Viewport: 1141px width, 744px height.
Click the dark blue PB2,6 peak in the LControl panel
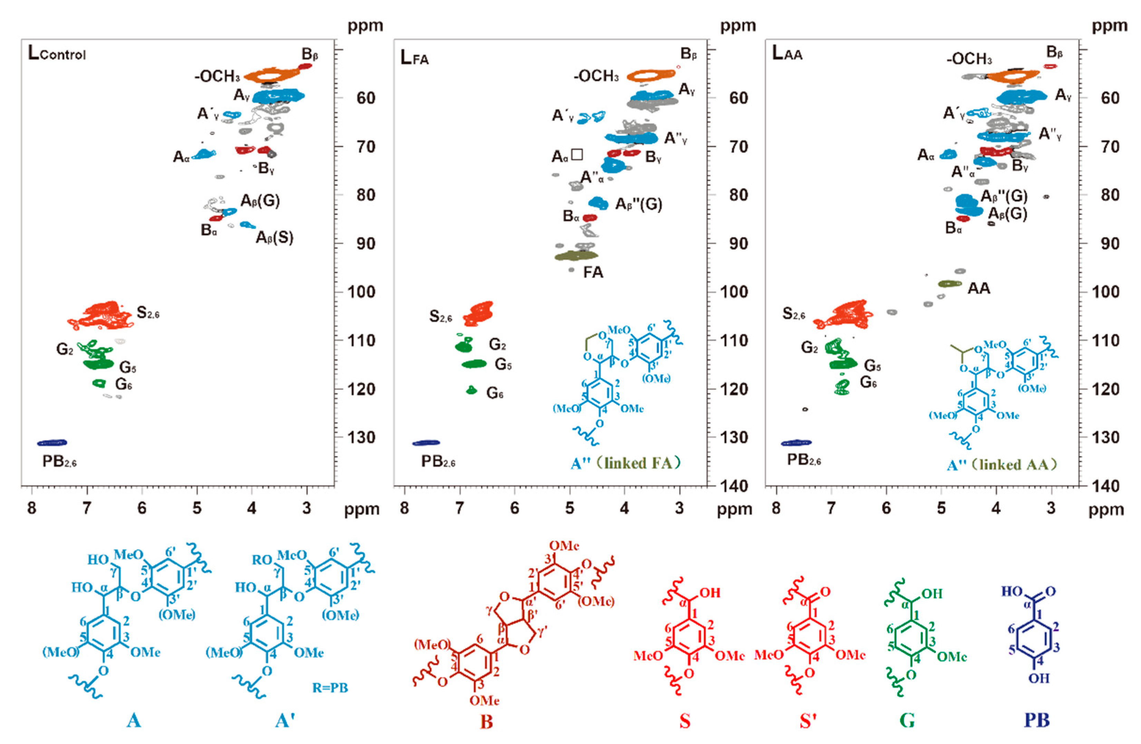(x=52, y=442)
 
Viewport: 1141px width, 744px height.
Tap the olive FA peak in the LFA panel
(x=576, y=256)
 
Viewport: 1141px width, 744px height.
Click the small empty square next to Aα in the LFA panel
(x=577, y=154)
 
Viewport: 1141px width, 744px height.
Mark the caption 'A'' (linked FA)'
(x=626, y=463)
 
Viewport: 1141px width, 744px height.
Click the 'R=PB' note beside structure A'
(x=330, y=688)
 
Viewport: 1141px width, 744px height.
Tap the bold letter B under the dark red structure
(x=486, y=721)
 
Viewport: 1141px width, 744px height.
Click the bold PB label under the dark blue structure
(x=1036, y=720)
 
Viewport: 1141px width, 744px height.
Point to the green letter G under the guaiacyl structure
(x=907, y=720)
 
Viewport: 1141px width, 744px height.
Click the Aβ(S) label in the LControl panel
(x=274, y=237)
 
